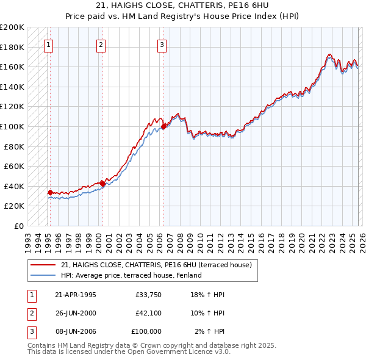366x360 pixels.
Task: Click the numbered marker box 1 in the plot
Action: point(48,44)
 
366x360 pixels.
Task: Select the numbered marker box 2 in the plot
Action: point(101,44)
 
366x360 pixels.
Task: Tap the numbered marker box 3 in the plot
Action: point(162,44)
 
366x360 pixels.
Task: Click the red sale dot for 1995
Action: point(50,192)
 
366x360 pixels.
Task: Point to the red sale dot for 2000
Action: point(102,184)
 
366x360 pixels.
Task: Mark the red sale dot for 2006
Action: point(163,127)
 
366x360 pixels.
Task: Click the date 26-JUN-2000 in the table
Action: point(75,313)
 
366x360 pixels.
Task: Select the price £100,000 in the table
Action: point(146,331)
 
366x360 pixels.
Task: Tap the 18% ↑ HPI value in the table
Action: point(210,295)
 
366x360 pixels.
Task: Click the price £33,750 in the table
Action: point(148,295)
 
